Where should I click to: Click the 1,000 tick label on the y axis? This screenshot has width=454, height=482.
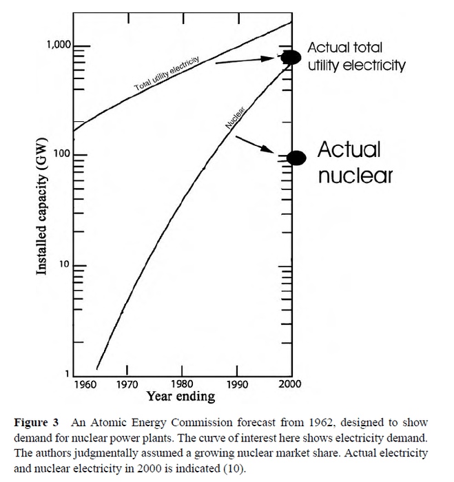58,45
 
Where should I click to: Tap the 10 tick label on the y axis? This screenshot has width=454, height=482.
65,265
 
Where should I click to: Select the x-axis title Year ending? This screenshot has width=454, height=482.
180,397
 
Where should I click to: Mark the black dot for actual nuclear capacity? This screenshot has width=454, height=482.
296,158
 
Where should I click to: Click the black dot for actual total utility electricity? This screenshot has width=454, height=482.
291,57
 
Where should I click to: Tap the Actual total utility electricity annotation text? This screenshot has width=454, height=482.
355,56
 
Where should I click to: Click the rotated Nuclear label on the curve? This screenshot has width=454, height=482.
236,117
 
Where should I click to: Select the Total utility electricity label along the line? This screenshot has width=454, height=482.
167,74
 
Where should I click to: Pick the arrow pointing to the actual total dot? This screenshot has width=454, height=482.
247,60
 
